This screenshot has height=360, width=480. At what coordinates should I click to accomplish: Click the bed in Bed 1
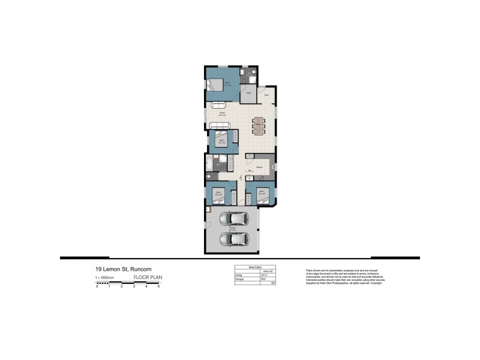219,85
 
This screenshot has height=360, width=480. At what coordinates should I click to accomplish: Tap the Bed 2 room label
221,141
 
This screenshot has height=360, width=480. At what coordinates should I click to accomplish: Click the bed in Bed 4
262,195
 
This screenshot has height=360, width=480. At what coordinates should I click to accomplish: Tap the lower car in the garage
233,239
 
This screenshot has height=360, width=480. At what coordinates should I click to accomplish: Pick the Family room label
222,113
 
